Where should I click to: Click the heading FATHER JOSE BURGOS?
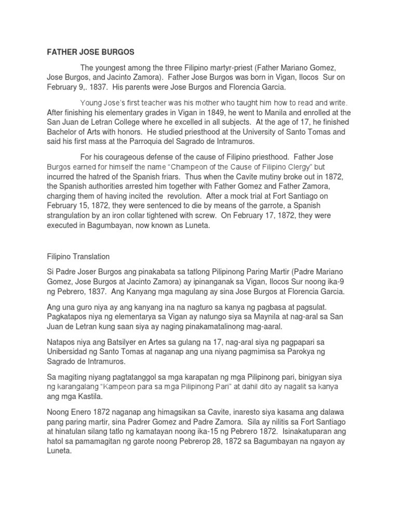(x=90, y=51)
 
